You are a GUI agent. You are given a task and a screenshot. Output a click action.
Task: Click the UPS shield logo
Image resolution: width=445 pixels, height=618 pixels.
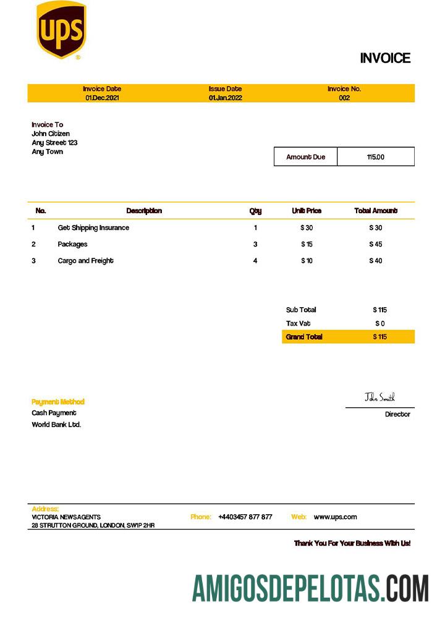pos(61,30)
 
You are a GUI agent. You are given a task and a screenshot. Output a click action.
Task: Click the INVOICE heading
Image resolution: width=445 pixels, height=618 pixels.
pos(385,58)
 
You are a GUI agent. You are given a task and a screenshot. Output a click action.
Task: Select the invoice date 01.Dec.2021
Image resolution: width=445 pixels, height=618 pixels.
pos(102,98)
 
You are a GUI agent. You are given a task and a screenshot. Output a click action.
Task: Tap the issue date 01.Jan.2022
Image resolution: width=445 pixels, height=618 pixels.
pos(225,98)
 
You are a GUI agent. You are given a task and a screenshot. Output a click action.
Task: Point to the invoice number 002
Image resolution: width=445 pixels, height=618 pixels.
pos(344,98)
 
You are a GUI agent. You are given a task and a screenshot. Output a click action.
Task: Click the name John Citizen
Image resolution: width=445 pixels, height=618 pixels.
pos(51,133)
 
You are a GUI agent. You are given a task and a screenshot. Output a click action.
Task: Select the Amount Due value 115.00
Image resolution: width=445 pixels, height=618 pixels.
pos(375,157)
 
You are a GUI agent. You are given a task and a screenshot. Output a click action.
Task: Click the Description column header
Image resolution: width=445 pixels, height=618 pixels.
pos(144,211)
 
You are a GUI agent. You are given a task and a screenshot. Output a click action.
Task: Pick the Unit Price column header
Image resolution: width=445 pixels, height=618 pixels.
pos(307,211)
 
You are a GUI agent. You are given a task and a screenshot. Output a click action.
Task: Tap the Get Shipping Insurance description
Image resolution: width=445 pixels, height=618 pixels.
pos(93,227)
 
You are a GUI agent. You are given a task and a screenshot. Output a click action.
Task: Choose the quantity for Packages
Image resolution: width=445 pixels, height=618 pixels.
pos(255,244)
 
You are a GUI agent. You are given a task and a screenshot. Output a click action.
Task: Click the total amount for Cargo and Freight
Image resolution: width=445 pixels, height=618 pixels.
pos(375,261)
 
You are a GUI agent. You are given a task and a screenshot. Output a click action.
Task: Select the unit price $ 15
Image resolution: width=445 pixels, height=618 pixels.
pos(307,244)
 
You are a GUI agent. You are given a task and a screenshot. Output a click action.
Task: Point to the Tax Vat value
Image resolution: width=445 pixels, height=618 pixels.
pos(379,323)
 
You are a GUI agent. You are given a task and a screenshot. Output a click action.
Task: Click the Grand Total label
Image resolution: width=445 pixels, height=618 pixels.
pos(304,337)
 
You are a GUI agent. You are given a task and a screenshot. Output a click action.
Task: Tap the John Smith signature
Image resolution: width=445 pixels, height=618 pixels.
pos(379,397)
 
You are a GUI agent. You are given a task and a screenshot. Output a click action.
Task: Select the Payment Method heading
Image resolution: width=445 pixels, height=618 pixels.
pos(58,402)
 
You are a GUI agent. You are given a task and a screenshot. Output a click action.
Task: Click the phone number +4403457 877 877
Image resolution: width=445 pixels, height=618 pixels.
pos(245,517)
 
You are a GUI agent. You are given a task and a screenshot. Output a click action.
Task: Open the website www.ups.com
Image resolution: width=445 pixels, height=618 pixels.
pos(335,517)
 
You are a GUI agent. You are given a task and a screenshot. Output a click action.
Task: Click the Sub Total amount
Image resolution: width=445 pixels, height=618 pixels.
pos(379,310)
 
